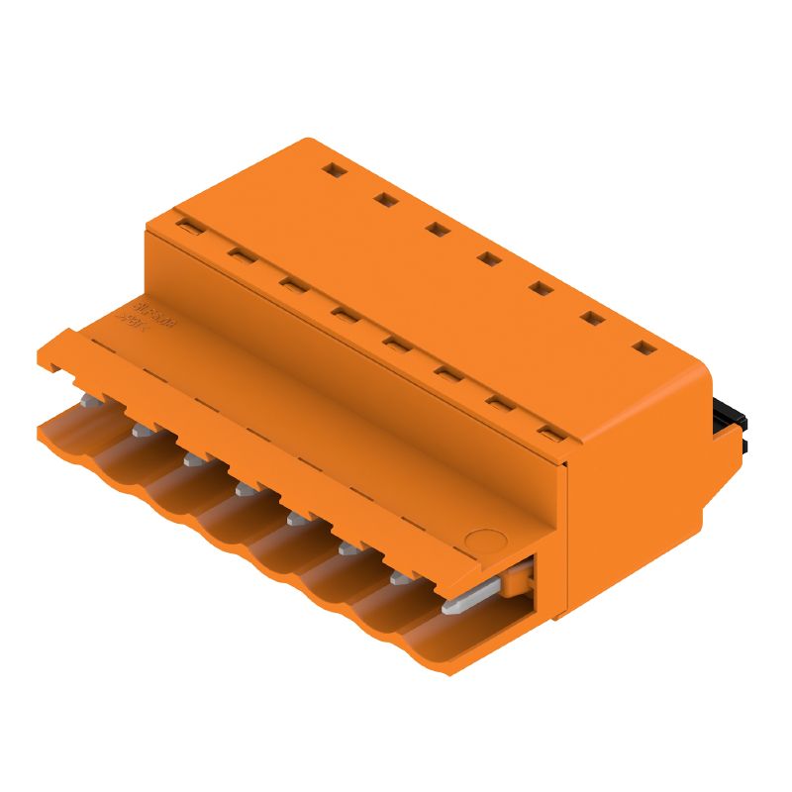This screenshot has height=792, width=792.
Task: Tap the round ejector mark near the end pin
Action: (x=484, y=541)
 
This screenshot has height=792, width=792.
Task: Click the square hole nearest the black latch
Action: (x=643, y=348)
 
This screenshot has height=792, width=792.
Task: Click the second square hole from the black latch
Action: (x=591, y=319)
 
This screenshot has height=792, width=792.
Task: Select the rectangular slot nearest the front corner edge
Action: (x=550, y=433)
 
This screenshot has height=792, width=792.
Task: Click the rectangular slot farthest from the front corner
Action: (x=188, y=227)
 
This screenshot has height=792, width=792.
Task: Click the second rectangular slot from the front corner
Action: (x=500, y=404)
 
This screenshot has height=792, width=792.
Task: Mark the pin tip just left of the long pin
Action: (x=401, y=576)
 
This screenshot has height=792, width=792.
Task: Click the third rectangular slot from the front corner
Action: (x=447, y=374)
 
